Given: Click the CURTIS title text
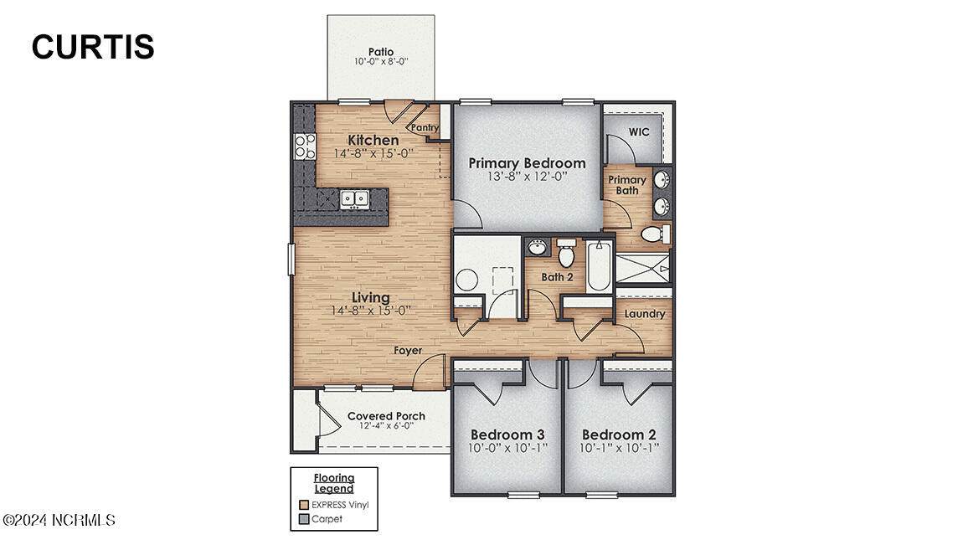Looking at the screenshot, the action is [93, 47].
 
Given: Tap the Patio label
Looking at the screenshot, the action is [381, 52].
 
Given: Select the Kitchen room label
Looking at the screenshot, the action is [373, 140].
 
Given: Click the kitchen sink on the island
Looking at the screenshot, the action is [354, 198].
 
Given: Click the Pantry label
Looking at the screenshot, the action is [425, 127].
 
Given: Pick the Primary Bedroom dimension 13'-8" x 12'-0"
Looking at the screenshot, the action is [527, 176].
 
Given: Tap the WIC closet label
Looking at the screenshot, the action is [639, 132].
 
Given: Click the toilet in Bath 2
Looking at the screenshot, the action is [566, 252].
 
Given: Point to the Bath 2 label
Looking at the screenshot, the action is [557, 277].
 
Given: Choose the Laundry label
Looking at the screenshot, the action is [645, 314].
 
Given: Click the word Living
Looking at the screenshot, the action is [370, 298].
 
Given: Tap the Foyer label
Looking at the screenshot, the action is [408, 351].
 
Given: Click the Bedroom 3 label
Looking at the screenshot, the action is [507, 434].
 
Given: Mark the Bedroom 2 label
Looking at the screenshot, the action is [619, 434].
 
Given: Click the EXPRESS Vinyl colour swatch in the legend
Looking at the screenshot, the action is [303, 505].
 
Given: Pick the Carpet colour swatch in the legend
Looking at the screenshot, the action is [303, 519].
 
